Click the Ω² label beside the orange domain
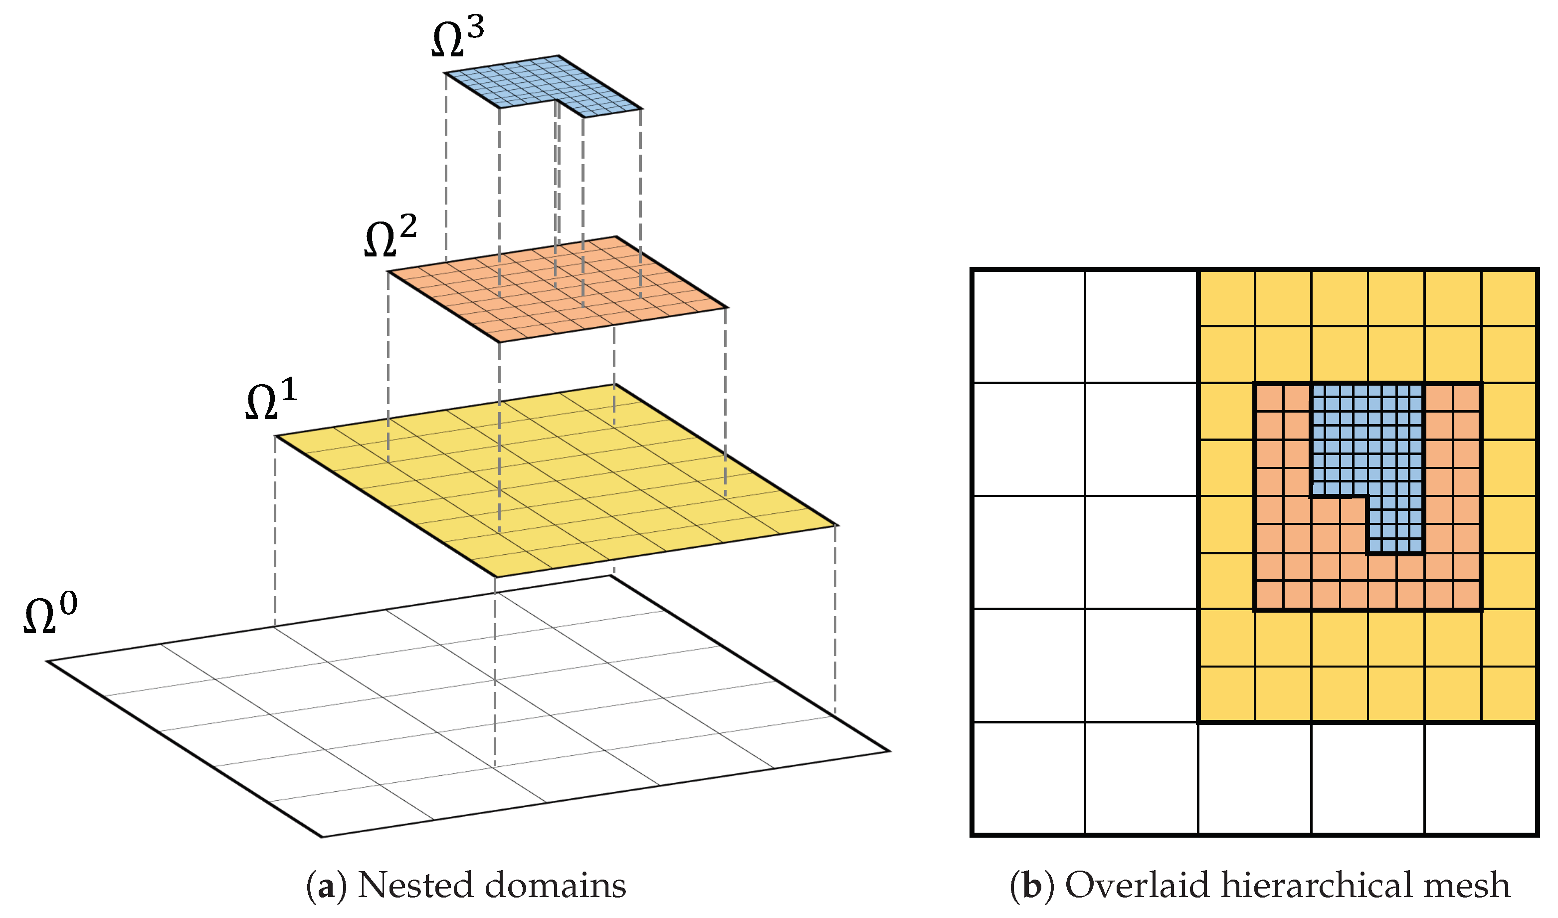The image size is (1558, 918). point(390,237)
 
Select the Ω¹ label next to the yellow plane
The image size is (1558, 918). point(271,401)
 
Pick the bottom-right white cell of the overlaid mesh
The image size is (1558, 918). point(1480,778)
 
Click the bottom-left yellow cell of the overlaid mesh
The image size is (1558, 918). point(1227,693)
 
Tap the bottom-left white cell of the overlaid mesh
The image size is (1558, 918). point(1029,778)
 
